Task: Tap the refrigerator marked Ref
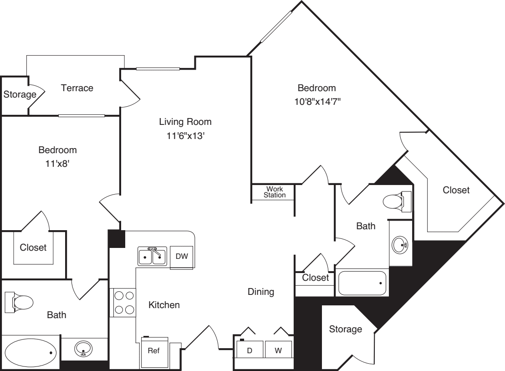154,352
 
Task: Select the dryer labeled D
250,350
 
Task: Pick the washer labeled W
279,350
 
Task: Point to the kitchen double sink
153,256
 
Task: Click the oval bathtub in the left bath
31,353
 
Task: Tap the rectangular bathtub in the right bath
362,283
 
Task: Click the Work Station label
275,192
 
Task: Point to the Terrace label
77,88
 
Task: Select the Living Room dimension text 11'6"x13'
185,136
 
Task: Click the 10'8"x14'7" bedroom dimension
317,102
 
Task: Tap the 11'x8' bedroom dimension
57,164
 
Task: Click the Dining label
261,292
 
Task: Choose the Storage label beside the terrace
20,94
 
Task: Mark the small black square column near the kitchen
116,239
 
